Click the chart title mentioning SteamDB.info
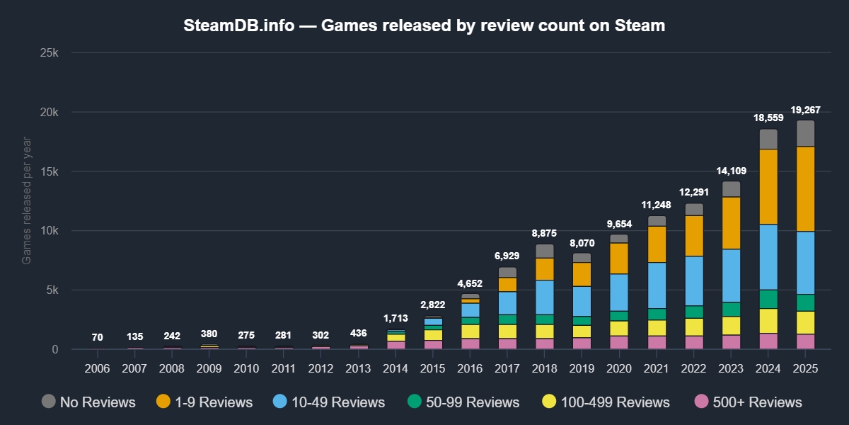(x=424, y=26)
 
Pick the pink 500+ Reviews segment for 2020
(x=619, y=342)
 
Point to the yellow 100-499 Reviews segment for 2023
(x=731, y=325)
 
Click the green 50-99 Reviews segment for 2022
(x=694, y=312)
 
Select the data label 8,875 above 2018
(x=544, y=233)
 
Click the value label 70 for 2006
(x=97, y=337)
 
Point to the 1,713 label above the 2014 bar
(x=395, y=319)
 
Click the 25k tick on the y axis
(x=53, y=53)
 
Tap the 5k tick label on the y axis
(x=57, y=290)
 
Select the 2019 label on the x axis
(x=582, y=368)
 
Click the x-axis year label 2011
(x=283, y=368)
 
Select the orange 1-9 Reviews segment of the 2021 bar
(x=657, y=244)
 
